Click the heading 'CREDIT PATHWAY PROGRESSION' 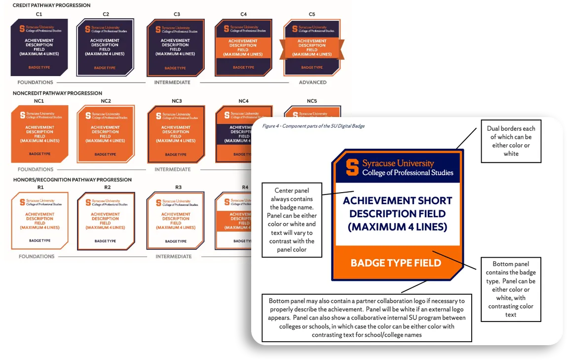point(52,5)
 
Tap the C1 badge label point(39,14)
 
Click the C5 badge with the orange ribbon point(312,47)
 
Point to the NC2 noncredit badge point(106,134)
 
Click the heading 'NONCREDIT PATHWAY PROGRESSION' point(58,93)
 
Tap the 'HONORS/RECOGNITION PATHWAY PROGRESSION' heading point(73,180)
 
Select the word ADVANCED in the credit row point(313,82)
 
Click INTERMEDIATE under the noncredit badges point(172,169)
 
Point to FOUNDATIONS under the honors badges point(36,256)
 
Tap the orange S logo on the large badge point(352,167)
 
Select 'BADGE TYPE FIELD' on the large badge point(396,263)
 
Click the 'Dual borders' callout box point(511,141)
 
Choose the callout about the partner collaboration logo point(366,318)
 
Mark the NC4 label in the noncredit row point(243,101)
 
